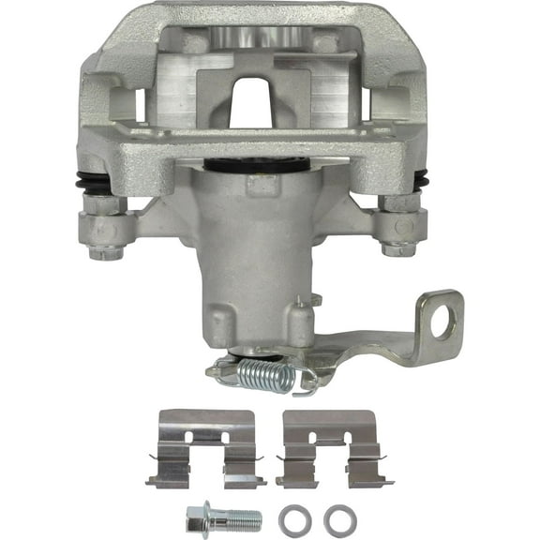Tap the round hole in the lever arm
click(445, 320)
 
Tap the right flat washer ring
click(336, 517)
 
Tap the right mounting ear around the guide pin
click(403, 227)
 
